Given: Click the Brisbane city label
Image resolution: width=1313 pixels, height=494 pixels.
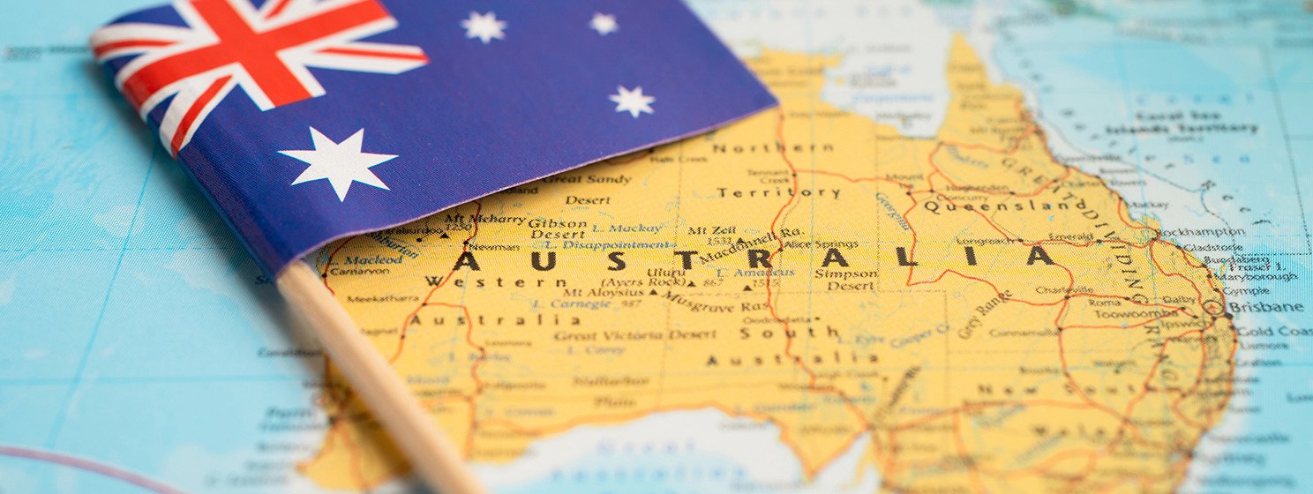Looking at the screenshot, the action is (1265, 307).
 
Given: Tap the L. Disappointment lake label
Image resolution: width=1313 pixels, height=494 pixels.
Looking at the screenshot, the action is (605, 244).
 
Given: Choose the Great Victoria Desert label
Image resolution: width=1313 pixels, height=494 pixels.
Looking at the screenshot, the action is (634, 335).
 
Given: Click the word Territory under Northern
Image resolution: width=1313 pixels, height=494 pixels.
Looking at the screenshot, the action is (777, 192).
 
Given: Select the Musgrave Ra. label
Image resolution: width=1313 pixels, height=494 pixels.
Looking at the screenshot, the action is (716, 302).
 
